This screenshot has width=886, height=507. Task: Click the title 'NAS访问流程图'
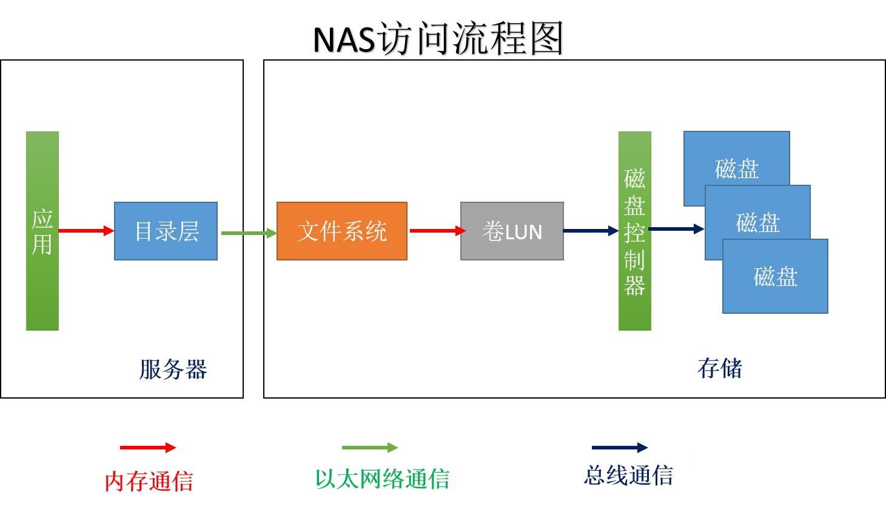click(438, 38)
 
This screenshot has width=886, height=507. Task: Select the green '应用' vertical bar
click(42, 231)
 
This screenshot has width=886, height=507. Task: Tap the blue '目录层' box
click(166, 231)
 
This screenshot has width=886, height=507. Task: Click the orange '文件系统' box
click(342, 231)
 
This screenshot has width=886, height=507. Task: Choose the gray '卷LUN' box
click(512, 231)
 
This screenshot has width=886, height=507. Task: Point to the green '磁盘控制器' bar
click(635, 231)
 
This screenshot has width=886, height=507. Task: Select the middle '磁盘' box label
click(758, 222)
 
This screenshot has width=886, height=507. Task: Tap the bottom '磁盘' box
click(775, 276)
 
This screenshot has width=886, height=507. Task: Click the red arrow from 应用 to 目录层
click(86, 230)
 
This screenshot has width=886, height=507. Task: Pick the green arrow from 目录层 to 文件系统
click(249, 233)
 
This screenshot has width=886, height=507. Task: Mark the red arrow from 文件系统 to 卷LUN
click(437, 230)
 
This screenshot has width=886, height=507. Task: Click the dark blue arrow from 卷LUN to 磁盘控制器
click(591, 230)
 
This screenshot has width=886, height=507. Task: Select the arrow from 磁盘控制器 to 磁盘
click(676, 228)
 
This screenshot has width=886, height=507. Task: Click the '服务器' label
click(173, 369)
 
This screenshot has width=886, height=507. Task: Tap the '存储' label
click(720, 368)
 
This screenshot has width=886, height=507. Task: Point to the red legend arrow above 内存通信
click(148, 447)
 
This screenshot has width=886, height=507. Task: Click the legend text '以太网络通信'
click(383, 479)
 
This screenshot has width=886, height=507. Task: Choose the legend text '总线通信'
click(628, 475)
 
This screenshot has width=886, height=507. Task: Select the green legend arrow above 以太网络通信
click(370, 447)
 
